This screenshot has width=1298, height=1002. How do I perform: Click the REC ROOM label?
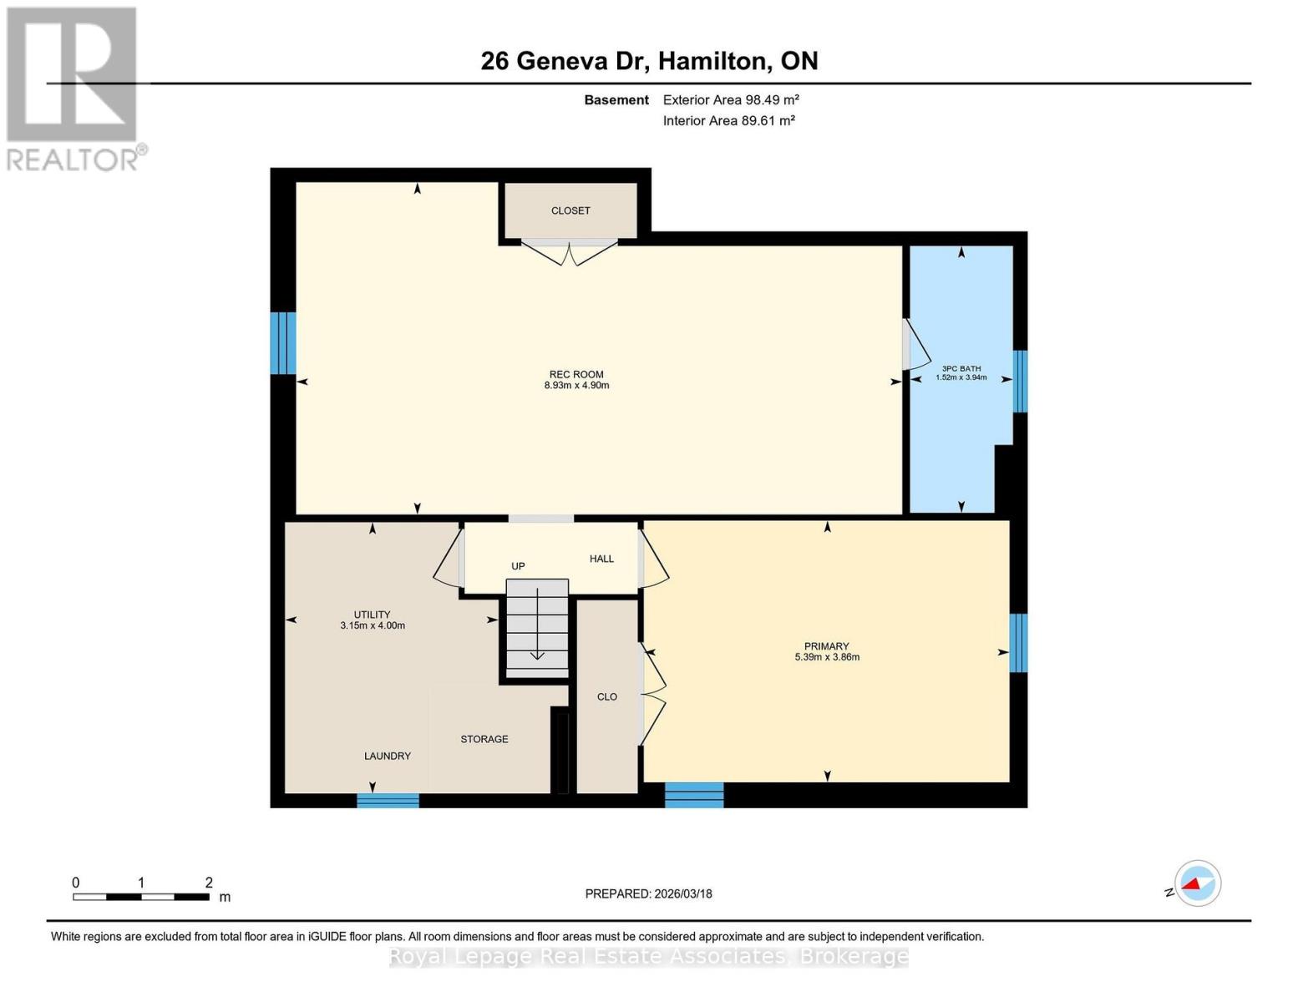[576, 374]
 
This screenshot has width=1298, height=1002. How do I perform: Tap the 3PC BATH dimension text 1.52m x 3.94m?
[961, 377]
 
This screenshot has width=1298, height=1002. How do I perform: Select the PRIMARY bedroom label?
[826, 645]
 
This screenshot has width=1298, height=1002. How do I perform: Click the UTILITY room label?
[372, 615]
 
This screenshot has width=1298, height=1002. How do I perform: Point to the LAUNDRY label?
[387, 756]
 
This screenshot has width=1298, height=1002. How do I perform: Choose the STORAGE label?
[484, 739]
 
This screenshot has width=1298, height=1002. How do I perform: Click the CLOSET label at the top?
[570, 210]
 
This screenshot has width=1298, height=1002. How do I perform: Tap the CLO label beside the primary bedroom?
[606, 696]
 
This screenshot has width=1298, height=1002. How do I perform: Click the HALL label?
[601, 559]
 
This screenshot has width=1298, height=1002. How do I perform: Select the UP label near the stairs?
[518, 566]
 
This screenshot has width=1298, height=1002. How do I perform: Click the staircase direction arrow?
[537, 626]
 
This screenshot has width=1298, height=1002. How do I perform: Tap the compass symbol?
[1197, 883]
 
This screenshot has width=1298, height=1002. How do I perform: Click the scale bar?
[140, 897]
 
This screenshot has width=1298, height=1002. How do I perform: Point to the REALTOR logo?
[74, 88]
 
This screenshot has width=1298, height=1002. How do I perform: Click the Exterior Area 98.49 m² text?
[731, 99]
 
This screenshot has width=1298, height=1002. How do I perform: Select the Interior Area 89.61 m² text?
[728, 120]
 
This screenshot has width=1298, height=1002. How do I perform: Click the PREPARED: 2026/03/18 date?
[648, 893]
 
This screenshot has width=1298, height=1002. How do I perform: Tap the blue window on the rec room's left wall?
[283, 343]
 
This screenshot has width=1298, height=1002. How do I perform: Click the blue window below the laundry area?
[388, 800]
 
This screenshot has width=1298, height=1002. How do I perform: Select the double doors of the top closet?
[570, 251]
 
